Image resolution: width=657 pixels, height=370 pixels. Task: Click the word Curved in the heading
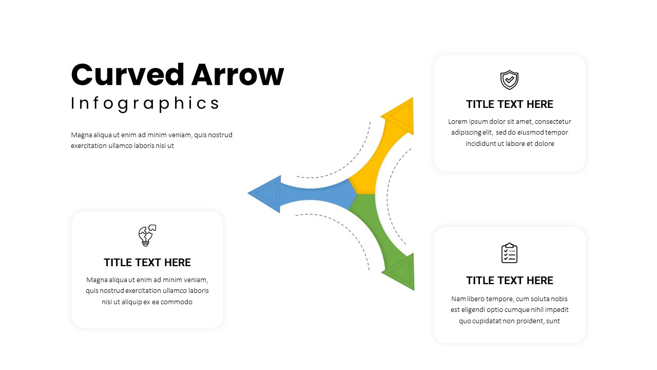click(128, 75)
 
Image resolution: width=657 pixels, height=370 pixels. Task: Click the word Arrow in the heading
click(238, 75)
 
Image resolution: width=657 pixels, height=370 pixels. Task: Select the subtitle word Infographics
click(145, 103)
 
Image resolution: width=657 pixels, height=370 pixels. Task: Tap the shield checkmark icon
click(509, 80)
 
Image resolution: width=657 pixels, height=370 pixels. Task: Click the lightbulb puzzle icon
click(147, 235)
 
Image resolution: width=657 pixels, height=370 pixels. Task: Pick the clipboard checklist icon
click(509, 253)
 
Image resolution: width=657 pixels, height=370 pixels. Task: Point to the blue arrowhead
click(266, 194)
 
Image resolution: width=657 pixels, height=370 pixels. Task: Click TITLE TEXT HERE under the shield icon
click(509, 104)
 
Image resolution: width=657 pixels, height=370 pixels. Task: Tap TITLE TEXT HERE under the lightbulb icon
click(147, 263)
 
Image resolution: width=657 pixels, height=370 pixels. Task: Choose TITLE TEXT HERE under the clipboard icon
click(509, 281)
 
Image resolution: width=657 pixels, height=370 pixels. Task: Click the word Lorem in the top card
click(458, 122)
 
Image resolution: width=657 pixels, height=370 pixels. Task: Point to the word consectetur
click(552, 122)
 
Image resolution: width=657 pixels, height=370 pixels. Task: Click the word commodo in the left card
click(177, 302)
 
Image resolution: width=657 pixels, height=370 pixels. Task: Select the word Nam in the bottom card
click(457, 299)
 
